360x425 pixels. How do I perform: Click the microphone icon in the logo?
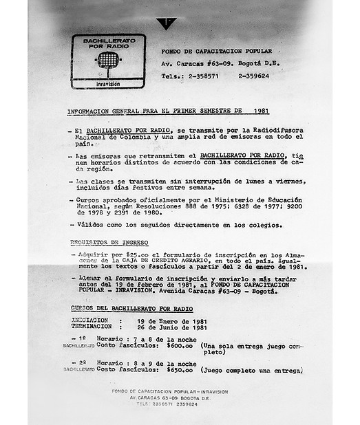pyautogui.click(x=108, y=61)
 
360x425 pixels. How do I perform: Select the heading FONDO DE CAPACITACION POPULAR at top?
pyautogui.click(x=216, y=52)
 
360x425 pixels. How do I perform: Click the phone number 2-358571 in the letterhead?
pyautogui.click(x=200, y=76)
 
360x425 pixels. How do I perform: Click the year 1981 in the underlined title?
pyautogui.click(x=260, y=110)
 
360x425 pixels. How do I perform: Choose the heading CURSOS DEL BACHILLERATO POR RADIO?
pyautogui.click(x=131, y=308)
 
